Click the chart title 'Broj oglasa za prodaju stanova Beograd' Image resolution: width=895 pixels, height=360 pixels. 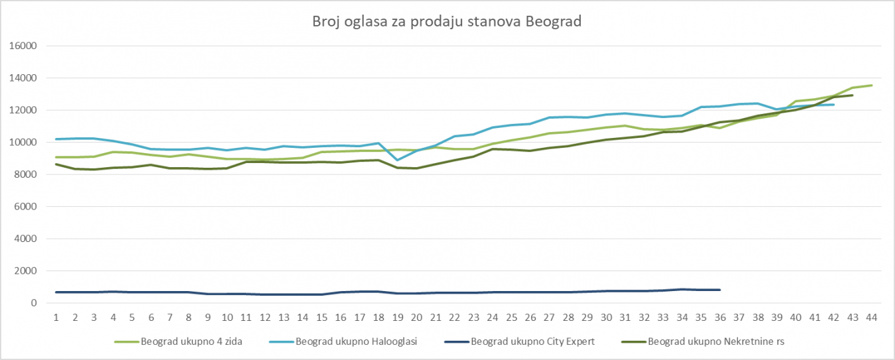(447, 21)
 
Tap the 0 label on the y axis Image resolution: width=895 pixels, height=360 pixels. (32, 303)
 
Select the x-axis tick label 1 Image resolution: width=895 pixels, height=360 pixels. (56, 317)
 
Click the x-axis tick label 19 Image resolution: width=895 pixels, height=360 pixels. (398, 317)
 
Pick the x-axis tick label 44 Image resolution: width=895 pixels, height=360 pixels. (872, 317)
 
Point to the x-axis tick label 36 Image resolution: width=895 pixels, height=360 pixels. (720, 317)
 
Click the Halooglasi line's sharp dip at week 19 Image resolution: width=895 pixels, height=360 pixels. (398, 160)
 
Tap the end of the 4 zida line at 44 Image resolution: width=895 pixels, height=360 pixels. (872, 85)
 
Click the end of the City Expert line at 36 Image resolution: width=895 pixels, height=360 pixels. (720, 290)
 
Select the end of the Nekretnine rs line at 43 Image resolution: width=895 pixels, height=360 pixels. (853, 95)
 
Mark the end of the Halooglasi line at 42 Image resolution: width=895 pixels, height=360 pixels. (833, 104)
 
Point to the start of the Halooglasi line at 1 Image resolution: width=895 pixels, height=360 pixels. (56, 139)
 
